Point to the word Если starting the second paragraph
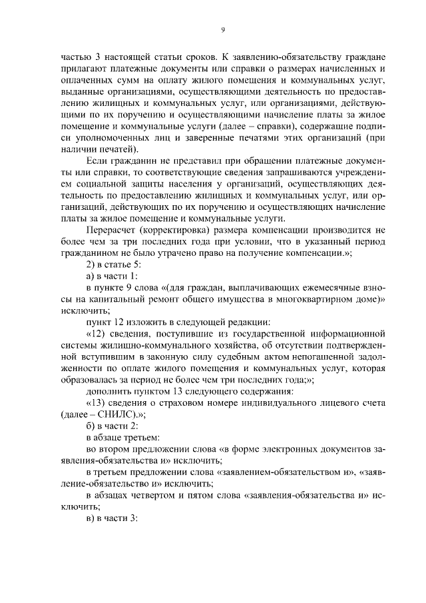tap(97, 161)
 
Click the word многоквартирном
tap(294, 300)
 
